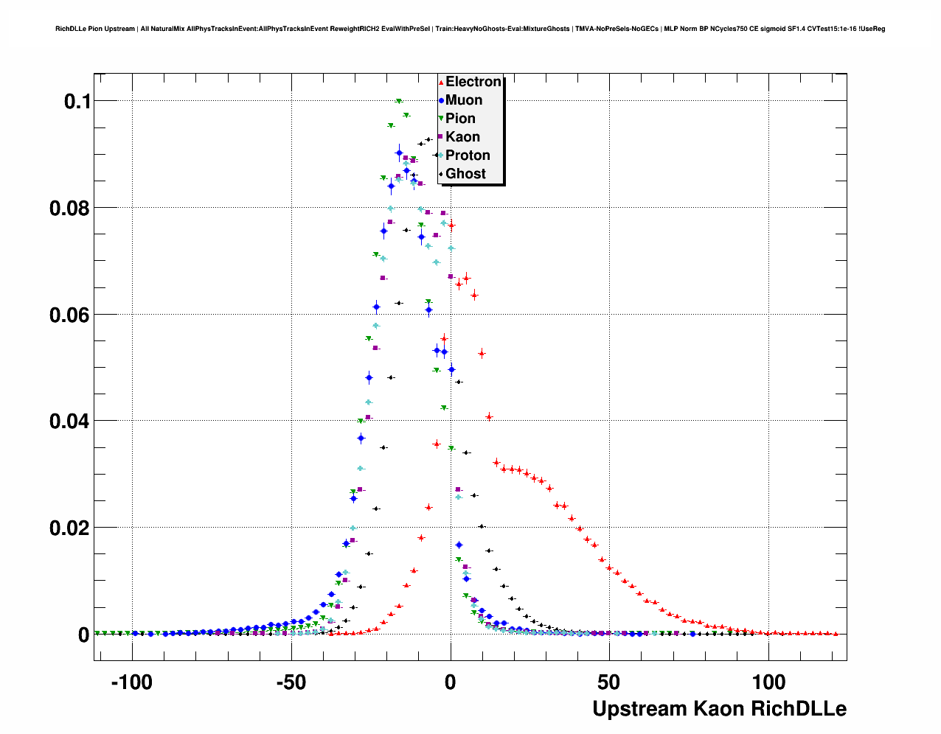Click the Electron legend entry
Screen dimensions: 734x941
[473, 82]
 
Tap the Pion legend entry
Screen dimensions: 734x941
[460, 119]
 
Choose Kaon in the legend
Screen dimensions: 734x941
[462, 137]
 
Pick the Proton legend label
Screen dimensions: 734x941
[468, 155]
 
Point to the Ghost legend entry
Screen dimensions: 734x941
[465, 174]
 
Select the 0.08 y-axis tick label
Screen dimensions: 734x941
[69, 209]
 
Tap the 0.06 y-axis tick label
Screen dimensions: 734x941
[69, 315]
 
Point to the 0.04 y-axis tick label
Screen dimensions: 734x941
[69, 422]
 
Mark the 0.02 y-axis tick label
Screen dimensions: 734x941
[69, 528]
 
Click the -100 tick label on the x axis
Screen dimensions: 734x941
[131, 682]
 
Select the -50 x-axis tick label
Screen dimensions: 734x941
[291, 682]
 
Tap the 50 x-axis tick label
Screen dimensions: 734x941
[609, 682]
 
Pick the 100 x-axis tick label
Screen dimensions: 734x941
[768, 682]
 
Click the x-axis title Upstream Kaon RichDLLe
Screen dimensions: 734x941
[719, 709]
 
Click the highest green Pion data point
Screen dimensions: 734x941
[399, 102]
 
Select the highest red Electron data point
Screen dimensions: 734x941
[451, 226]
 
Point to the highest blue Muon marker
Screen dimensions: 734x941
[399, 153]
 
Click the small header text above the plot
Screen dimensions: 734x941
[470, 29]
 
